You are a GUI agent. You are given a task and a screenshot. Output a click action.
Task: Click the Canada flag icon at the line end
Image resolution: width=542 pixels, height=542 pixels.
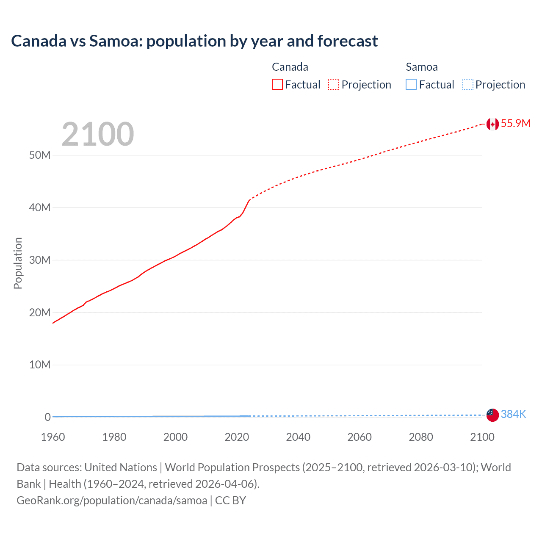(x=492, y=124)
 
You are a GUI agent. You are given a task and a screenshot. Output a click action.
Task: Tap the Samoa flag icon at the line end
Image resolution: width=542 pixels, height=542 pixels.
(x=492, y=415)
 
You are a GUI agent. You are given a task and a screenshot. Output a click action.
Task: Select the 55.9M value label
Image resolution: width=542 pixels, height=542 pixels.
(x=515, y=123)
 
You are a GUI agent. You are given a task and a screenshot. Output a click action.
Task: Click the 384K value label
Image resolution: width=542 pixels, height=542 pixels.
(x=513, y=414)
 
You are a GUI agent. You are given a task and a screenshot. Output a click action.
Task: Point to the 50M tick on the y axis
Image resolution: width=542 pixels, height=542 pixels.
(x=40, y=155)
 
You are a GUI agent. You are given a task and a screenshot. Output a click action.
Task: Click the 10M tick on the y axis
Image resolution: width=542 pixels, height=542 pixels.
(x=40, y=365)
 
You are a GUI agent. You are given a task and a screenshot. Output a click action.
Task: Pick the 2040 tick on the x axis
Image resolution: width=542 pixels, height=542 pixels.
(x=298, y=437)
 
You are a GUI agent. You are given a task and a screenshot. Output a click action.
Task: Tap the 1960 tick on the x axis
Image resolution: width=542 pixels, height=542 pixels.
(x=53, y=437)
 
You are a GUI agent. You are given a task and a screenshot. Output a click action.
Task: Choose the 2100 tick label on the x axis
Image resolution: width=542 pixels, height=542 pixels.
(x=482, y=437)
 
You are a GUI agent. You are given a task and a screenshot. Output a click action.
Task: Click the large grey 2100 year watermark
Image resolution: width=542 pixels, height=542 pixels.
(x=98, y=134)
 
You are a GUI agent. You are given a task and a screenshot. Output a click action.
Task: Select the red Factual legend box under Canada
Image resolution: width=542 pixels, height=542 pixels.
(x=277, y=84)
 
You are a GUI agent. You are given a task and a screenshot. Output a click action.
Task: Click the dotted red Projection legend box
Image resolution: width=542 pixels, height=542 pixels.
(x=334, y=84)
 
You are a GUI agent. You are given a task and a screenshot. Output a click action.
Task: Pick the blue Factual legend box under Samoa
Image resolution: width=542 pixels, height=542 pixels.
(x=411, y=84)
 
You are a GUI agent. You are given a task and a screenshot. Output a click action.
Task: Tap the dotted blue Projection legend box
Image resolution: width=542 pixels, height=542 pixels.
(x=467, y=84)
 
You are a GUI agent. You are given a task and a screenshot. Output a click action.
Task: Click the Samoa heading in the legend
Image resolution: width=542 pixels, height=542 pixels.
(x=421, y=67)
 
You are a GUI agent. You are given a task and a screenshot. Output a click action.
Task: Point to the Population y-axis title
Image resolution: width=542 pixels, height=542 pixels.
(x=18, y=263)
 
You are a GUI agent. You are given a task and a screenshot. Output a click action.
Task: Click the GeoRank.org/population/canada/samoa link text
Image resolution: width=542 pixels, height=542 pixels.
(x=112, y=500)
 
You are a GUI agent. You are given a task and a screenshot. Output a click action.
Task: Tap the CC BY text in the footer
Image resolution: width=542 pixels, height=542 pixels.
(x=230, y=500)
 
